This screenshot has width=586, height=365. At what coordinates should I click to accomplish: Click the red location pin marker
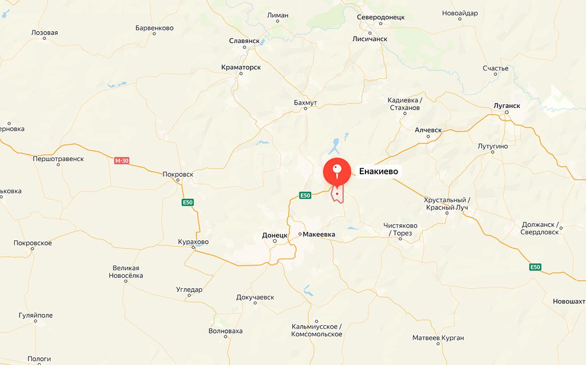337,171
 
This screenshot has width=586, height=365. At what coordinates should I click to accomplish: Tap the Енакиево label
378,171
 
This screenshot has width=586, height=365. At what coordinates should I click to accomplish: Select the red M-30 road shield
121,161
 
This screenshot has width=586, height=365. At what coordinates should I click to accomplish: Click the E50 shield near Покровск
187,202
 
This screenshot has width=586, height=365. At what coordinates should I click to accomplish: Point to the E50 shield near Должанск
535,267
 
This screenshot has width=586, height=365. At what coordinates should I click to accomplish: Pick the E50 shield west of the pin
305,195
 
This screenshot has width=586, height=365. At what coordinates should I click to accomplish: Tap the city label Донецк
275,235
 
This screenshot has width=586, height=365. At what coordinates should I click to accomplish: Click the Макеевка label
320,234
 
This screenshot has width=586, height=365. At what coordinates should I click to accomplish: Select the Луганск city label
507,106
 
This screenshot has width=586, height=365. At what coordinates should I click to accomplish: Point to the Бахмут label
305,103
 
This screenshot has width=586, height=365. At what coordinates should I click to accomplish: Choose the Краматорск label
241,67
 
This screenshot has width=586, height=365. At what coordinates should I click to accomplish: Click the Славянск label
244,40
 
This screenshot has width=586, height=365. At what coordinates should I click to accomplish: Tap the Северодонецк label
380,17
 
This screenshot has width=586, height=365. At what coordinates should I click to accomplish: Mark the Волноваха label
226,331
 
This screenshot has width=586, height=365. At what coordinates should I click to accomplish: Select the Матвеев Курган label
438,338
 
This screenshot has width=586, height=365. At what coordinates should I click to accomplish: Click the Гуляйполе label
36,315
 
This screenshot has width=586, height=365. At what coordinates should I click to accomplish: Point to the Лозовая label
45,33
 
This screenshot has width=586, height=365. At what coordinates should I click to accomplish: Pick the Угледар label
189,289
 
